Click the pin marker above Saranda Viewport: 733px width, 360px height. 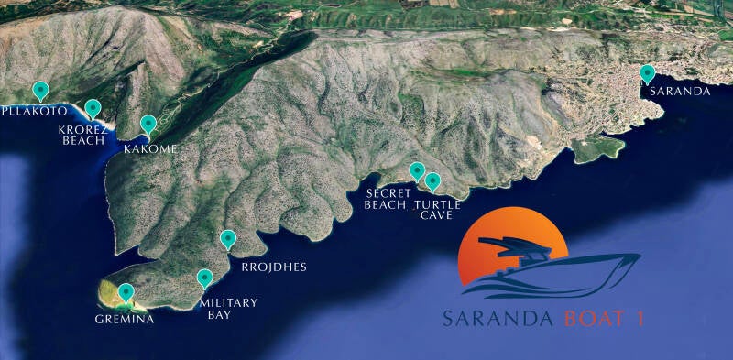pyautogui.click(x=648, y=74)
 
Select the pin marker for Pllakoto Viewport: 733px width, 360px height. pyautogui.click(x=40, y=90)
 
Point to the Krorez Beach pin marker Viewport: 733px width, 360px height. pyautogui.click(x=93, y=109)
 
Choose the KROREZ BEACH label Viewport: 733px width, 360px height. pyautogui.click(x=83, y=136)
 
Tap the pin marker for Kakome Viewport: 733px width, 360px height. pyautogui.click(x=148, y=125)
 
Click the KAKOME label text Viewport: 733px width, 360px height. pyautogui.click(x=150, y=148)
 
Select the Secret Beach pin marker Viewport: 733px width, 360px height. pyautogui.click(x=417, y=170)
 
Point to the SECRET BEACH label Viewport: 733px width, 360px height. pyautogui.click(x=385, y=199)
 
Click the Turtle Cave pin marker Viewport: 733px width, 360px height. pyautogui.click(x=433, y=181)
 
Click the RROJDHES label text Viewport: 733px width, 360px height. pyautogui.click(x=273, y=267)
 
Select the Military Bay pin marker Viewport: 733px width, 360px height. pyautogui.click(x=205, y=279)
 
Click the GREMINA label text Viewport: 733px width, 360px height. pyautogui.click(x=125, y=320)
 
